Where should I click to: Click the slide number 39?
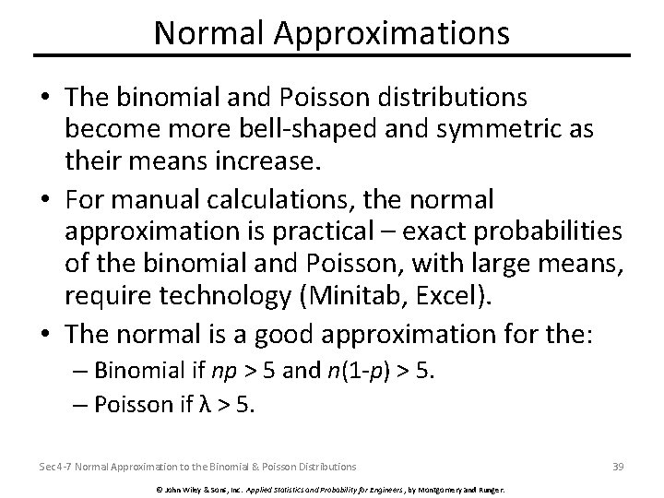(618, 467)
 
